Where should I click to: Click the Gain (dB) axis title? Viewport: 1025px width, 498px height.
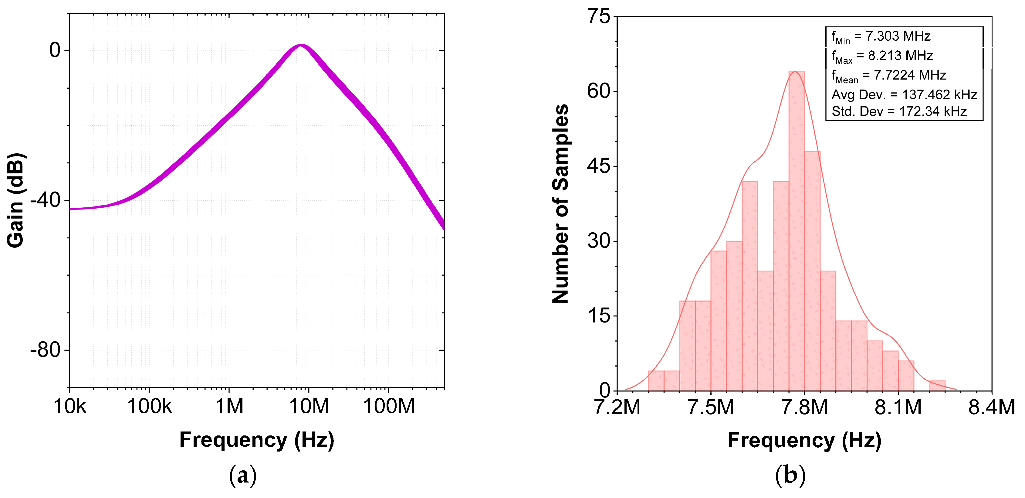[16, 200]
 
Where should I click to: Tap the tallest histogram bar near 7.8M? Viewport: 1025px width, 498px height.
[796, 231]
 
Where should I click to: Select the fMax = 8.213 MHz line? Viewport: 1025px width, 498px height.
[882, 56]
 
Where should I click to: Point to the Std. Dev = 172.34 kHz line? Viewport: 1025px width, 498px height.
[899, 111]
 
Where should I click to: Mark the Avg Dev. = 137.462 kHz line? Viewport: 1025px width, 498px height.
[904, 95]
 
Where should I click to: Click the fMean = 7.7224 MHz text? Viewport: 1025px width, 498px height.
[888, 75]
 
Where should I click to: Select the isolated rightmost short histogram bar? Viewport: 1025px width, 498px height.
[937, 385]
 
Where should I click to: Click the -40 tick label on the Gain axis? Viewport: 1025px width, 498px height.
[45, 200]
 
